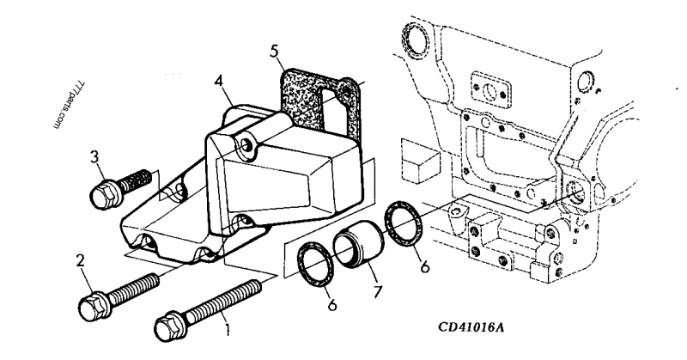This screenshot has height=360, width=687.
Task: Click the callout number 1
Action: pos(227,327)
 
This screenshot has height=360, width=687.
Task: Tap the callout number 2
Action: pos(81,259)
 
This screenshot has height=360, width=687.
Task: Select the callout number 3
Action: pos(96,156)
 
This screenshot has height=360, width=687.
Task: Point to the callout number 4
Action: pos(221,82)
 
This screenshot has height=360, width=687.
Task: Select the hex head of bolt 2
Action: pos(92,305)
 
